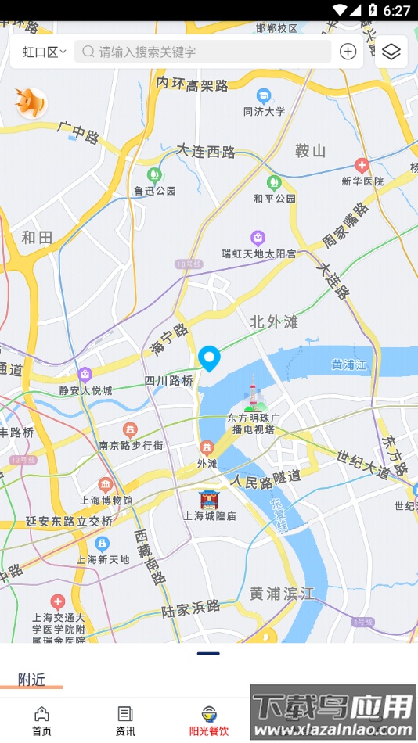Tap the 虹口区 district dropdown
click(44, 52)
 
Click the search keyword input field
click(203, 52)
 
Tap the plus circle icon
click(348, 52)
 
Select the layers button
click(391, 52)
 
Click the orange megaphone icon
click(31, 102)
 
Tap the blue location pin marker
click(209, 358)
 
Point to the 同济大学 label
click(264, 111)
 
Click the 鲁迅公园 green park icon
click(155, 174)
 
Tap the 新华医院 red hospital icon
click(362, 165)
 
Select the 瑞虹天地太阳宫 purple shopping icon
click(258, 238)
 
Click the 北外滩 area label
click(275, 321)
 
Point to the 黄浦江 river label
click(348, 364)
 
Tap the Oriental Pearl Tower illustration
click(252, 395)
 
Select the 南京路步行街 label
click(131, 445)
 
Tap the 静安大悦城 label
click(85, 390)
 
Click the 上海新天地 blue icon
click(102, 544)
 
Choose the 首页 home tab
click(41, 720)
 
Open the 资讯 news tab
click(125, 720)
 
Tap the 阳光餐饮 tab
click(209, 720)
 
